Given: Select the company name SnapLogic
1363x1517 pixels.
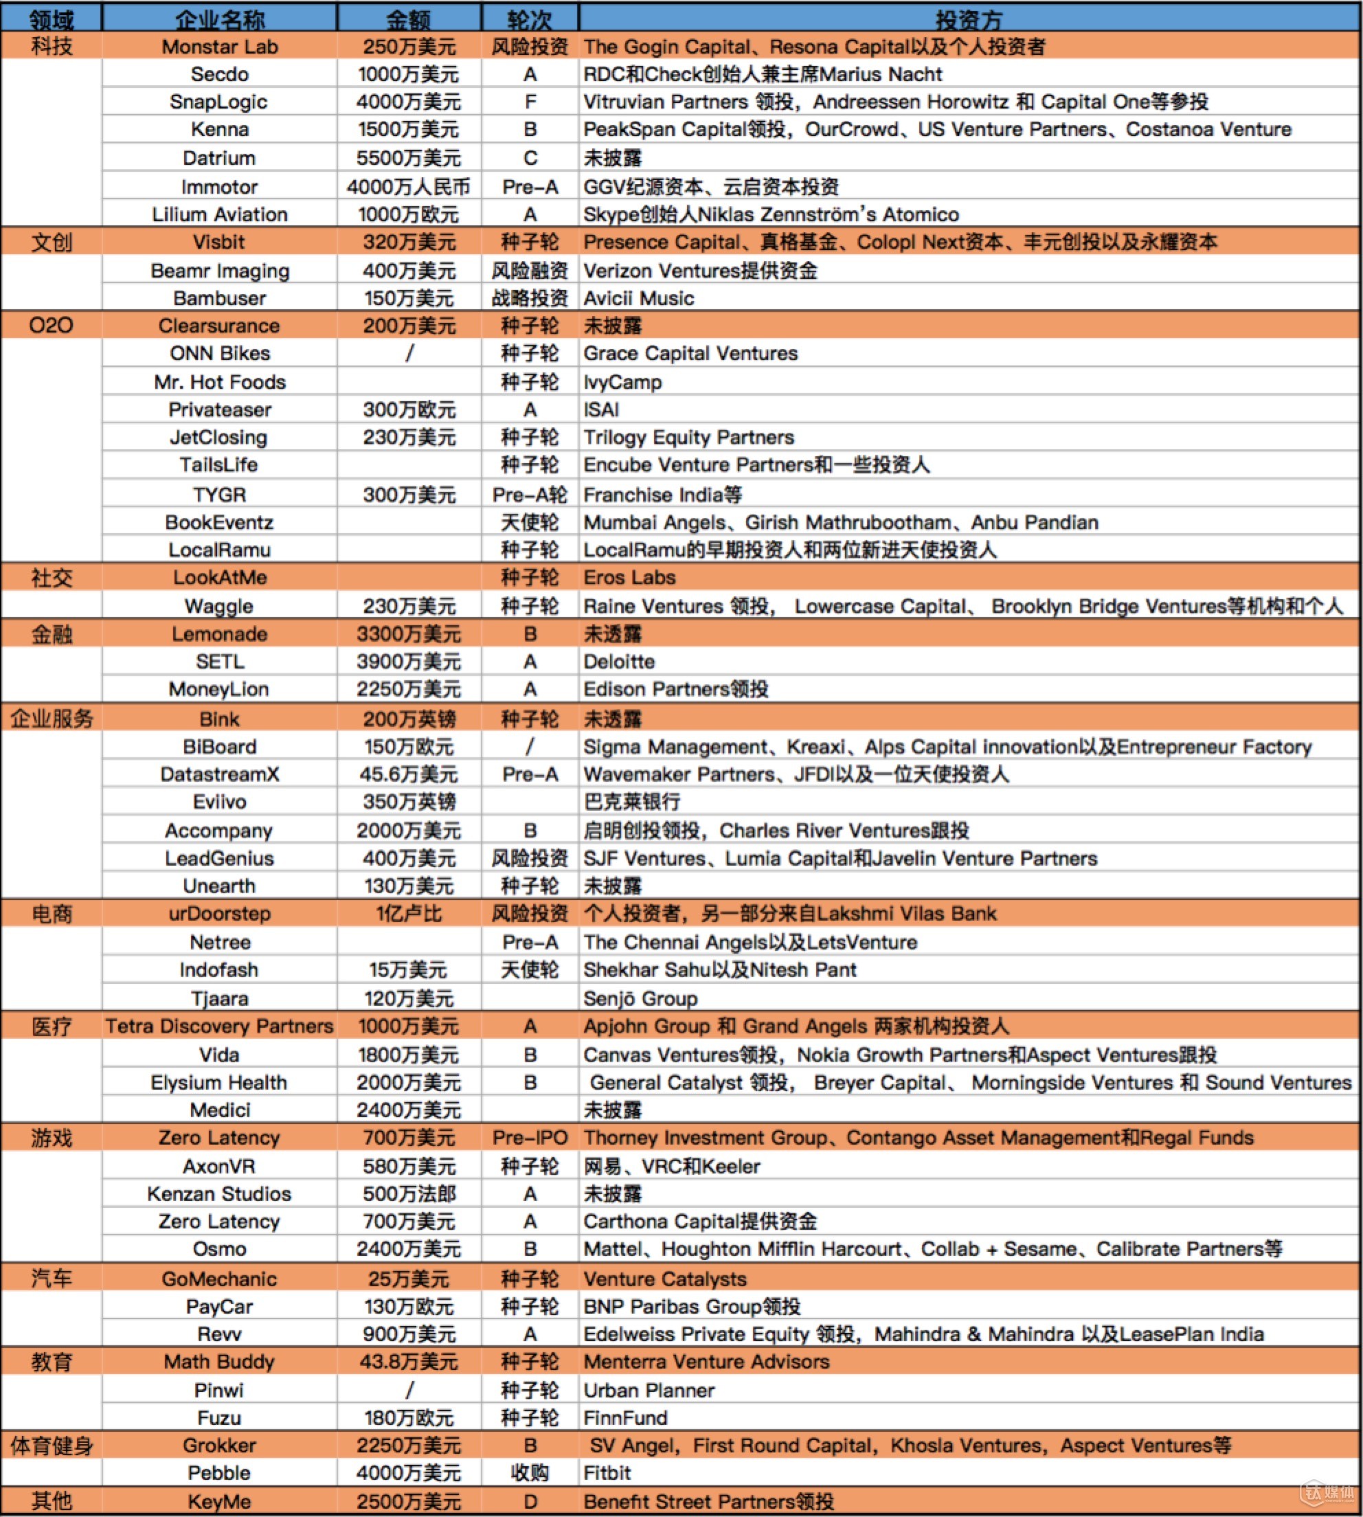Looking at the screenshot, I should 218,102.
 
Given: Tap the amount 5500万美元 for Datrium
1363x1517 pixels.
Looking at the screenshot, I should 408,158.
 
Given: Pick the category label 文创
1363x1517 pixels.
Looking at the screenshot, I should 52,242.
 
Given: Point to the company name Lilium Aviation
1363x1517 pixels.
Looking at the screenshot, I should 218,214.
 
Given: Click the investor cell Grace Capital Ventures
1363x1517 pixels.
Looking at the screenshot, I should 690,353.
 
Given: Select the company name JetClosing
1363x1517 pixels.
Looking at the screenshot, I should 218,437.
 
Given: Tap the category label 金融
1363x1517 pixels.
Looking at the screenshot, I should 52,634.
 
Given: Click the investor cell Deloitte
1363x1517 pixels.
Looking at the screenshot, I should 620,662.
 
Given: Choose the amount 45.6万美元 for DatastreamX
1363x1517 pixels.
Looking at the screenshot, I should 408,774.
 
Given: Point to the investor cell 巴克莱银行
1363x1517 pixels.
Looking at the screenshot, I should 632,802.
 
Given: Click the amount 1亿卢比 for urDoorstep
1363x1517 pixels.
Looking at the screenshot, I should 408,914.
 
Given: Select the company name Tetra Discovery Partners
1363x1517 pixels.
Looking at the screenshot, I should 218,1026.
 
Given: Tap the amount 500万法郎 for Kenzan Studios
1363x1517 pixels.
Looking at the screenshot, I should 408,1193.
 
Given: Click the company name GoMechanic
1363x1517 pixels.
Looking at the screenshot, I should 218,1279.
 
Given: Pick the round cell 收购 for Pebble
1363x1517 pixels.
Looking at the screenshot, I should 530,1473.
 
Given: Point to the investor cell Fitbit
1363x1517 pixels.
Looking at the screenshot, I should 607,1473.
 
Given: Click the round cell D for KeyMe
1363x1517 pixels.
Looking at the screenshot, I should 530,1501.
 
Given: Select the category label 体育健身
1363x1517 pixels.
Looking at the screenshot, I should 52,1445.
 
